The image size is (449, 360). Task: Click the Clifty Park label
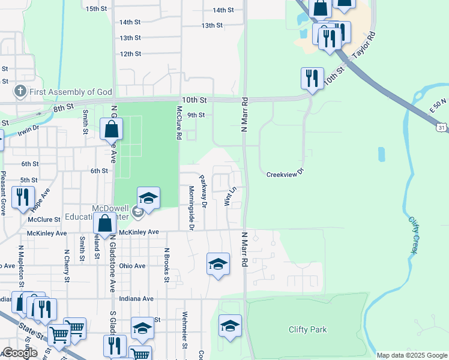click(x=307, y=329)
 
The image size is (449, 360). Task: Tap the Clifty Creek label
click(x=414, y=234)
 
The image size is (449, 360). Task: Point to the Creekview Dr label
click(x=286, y=174)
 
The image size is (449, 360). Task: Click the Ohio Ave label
click(x=132, y=266)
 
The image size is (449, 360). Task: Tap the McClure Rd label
click(x=178, y=123)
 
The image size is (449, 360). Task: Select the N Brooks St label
click(x=167, y=264)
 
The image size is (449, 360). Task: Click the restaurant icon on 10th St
click(x=312, y=78)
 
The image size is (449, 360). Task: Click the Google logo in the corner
click(x=20, y=353)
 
